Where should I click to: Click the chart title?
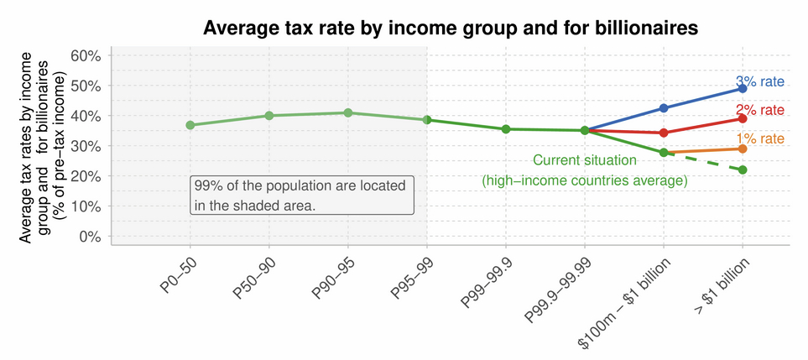tap(451, 28)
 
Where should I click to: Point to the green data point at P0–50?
tap(190, 125)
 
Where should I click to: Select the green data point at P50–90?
tap(269, 116)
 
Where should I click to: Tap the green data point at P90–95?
tap(347, 112)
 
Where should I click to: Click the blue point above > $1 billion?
tap(743, 88)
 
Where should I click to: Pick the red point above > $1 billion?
tap(743, 118)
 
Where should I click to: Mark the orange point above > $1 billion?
tap(743, 149)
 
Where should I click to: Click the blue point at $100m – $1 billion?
tap(664, 108)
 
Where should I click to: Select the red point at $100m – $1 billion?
tap(664, 133)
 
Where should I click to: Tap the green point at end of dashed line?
tap(743, 170)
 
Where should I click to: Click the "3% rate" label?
tap(759, 81)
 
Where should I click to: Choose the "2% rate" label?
tap(759, 110)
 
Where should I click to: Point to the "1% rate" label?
tap(759, 139)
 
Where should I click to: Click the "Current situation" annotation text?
tap(585, 160)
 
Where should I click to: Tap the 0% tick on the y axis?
tap(88, 237)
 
